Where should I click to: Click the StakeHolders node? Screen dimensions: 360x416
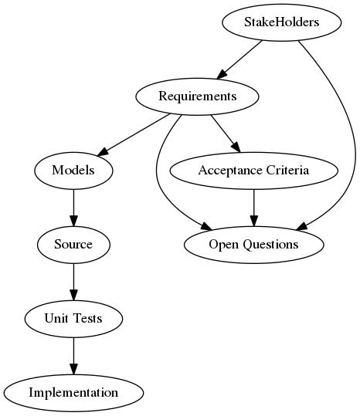pyautogui.click(x=282, y=22)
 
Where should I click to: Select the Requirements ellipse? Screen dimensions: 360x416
pyautogui.click(x=197, y=96)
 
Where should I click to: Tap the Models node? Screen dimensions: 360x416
pyautogui.click(x=73, y=171)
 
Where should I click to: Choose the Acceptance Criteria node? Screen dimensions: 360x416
pyautogui.click(x=254, y=171)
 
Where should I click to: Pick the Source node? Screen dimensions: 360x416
pyautogui.click(x=73, y=245)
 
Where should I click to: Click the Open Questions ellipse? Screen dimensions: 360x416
pyautogui.click(x=254, y=245)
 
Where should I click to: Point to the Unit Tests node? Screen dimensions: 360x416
pyautogui.click(x=73, y=319)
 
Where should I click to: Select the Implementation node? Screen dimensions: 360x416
pyautogui.click(x=73, y=393)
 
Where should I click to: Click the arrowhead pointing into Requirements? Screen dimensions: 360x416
pyautogui.click(x=222, y=74)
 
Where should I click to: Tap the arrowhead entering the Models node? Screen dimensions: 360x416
pyautogui.click(x=103, y=151)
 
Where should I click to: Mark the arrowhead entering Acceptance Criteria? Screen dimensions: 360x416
pyautogui.click(x=236, y=147)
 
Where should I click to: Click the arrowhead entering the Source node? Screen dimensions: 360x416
pyautogui.click(x=73, y=222)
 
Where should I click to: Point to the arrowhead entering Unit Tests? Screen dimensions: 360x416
pyautogui.click(x=73, y=296)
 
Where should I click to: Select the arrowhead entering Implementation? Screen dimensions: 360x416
pyautogui.click(x=73, y=369)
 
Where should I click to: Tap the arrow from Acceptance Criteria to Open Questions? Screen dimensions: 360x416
pyautogui.click(x=254, y=208)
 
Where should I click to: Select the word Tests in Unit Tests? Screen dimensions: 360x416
pyautogui.click(x=87, y=318)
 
